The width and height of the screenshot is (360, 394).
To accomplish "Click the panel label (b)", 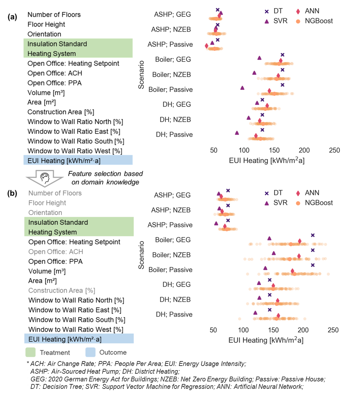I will coord(12,193).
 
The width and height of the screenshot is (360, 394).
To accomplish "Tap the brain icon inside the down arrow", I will coord(45,178).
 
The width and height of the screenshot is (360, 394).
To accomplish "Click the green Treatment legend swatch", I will coord(30,352).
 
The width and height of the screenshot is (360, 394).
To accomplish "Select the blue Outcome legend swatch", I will coord(91,352).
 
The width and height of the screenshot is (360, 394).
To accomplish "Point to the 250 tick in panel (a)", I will coord(334,150).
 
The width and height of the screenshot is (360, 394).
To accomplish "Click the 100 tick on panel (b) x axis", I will coord(243,330).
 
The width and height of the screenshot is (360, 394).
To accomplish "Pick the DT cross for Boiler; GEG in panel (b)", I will coord(312,236).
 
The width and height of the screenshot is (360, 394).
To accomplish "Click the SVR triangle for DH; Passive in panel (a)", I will coord(237,133).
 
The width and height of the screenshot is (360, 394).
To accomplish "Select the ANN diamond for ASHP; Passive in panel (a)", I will coord(207,46).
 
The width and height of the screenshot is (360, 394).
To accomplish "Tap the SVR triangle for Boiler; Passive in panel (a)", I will coord(242,88).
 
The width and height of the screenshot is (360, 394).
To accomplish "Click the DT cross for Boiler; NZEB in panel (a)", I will coord(282,70).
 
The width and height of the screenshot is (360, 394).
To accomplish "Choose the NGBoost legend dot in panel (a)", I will coord(298,21).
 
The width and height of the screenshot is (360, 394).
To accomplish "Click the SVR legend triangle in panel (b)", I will coord(267,203).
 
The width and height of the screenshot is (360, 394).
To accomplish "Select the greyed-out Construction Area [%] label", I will coord(62,291).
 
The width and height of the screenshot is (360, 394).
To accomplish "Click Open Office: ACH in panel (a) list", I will coord(55,73).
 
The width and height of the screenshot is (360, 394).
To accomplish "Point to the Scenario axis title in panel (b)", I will coord(141,255).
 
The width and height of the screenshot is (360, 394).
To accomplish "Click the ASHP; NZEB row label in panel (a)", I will coord(171,29).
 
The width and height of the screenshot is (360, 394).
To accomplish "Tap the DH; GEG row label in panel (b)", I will coord(176,284).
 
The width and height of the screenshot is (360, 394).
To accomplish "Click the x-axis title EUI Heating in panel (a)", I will coord(267,160).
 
